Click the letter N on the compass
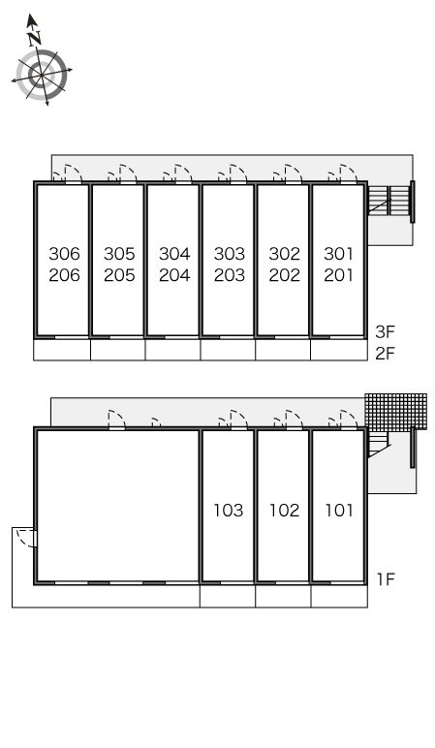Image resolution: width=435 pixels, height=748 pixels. tap(34, 39)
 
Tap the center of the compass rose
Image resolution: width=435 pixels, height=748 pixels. tap(42, 75)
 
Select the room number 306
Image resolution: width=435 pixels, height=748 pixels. tap(64, 254)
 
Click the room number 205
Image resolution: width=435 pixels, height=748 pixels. tap(119, 275)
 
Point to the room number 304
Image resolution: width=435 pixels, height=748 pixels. tap(174, 254)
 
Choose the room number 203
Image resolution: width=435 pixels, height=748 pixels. tap(230, 275)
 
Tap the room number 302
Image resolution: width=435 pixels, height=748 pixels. tap(284, 254)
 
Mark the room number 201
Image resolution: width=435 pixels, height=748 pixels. tap(339, 275)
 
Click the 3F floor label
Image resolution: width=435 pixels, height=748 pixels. tap(386, 331)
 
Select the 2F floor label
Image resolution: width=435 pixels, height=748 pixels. tap(386, 354)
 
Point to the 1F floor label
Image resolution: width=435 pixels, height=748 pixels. tap(386, 579)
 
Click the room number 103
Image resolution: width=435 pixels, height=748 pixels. tap(229, 511)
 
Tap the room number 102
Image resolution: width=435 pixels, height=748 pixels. tap(284, 511)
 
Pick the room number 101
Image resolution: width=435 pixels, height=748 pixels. tap(339, 511)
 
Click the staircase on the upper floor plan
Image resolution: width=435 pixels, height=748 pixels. tap(388, 200)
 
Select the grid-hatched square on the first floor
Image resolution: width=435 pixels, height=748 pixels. tap(396, 412)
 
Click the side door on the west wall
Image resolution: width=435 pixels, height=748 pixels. tap(27, 538)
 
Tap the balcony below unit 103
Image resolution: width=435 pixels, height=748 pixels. tap(228, 596)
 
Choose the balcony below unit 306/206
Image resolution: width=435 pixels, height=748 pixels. tap(62, 350)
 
